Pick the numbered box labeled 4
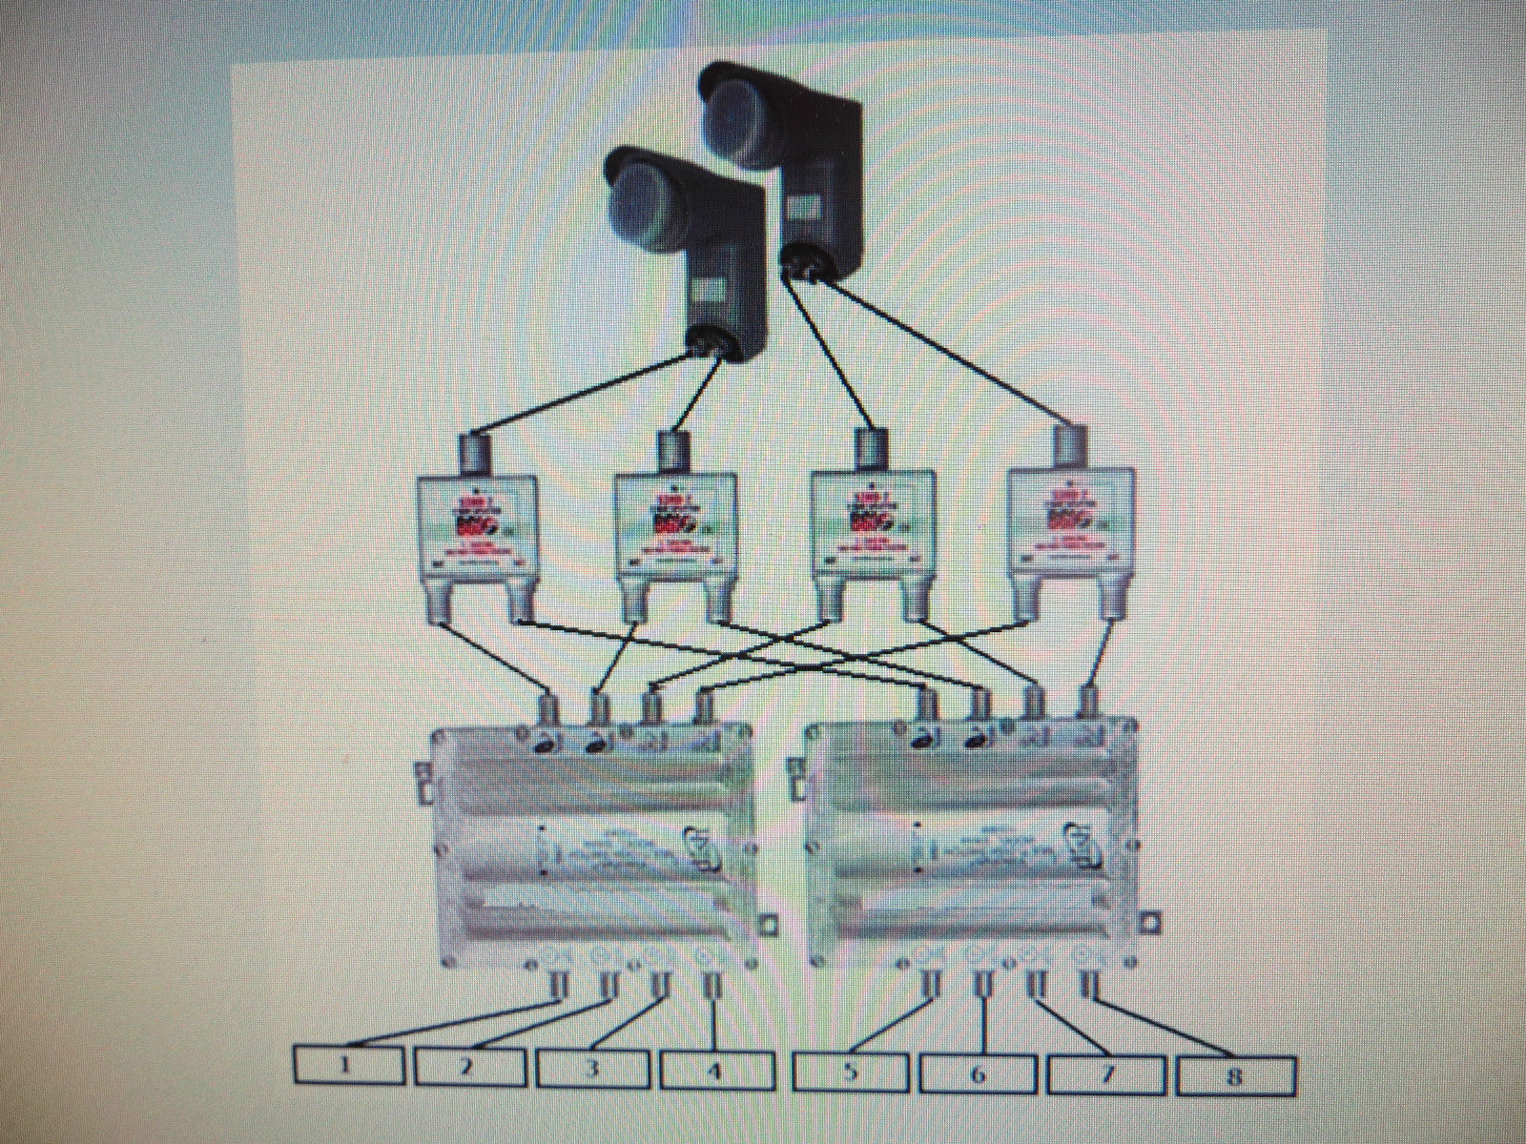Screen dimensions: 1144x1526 pyautogui.click(x=714, y=1071)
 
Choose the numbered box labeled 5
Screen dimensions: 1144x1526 pyautogui.click(x=851, y=1072)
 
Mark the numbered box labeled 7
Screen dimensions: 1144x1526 pyautogui.click(x=1106, y=1076)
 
